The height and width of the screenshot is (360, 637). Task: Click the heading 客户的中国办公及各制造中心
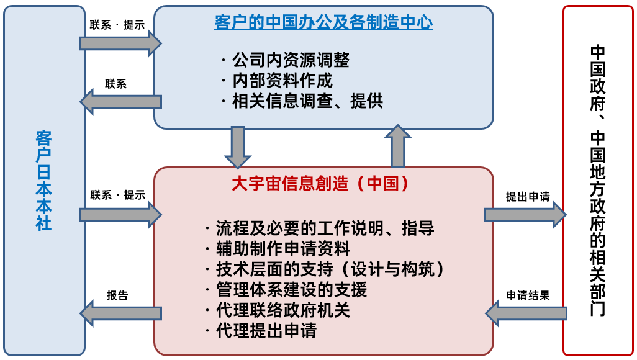(323, 22)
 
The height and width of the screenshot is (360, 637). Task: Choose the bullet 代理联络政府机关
(283, 310)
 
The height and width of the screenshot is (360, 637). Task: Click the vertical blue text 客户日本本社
(43, 180)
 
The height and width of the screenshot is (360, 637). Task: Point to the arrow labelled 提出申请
(525, 215)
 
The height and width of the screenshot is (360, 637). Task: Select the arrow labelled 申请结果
(525, 313)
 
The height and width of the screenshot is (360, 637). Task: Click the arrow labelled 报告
(120, 313)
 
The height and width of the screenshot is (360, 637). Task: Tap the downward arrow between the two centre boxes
(237, 146)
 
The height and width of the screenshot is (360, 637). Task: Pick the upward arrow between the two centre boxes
(398, 146)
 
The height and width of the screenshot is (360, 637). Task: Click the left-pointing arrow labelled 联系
(120, 101)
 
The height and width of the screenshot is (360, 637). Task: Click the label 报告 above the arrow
(117, 295)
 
